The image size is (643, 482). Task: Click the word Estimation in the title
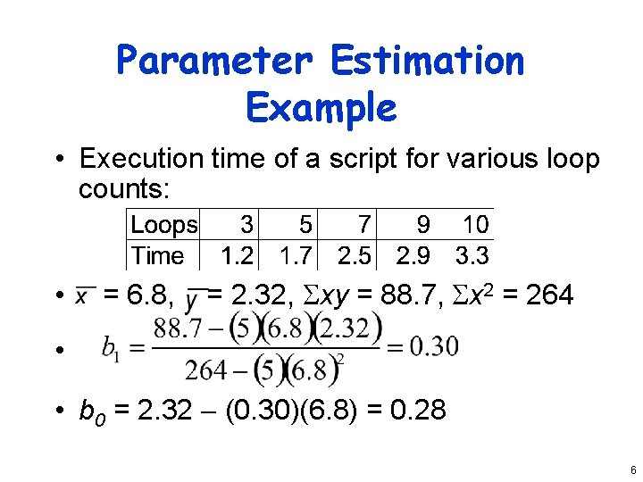click(x=427, y=62)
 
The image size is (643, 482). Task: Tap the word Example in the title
click(x=321, y=108)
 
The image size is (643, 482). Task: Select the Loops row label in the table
click(x=164, y=225)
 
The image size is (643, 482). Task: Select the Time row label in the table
click(x=158, y=256)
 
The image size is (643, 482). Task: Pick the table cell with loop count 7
click(x=363, y=225)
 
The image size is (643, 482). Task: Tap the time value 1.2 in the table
click(x=237, y=256)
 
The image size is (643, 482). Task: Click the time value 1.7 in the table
click(x=296, y=256)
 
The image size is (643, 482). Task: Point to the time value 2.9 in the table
click(x=413, y=256)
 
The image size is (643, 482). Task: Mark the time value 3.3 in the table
click(x=472, y=256)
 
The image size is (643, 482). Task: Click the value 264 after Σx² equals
click(x=550, y=295)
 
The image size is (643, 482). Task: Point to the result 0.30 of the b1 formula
click(x=434, y=346)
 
